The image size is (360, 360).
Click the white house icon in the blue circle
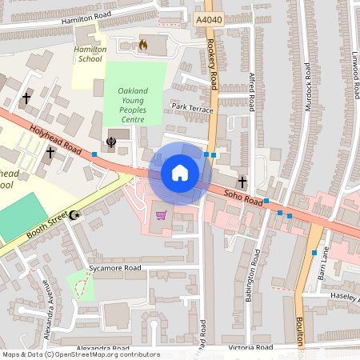(179, 172)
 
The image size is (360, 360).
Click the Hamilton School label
(90, 54)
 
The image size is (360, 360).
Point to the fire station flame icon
(143, 45)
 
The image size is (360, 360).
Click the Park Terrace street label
(190, 106)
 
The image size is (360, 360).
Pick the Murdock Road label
(308, 93)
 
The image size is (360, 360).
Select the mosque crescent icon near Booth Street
(74, 214)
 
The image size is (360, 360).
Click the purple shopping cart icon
(162, 214)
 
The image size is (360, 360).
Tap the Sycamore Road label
(114, 267)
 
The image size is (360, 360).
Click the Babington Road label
(256, 272)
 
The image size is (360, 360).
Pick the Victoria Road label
(250, 348)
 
